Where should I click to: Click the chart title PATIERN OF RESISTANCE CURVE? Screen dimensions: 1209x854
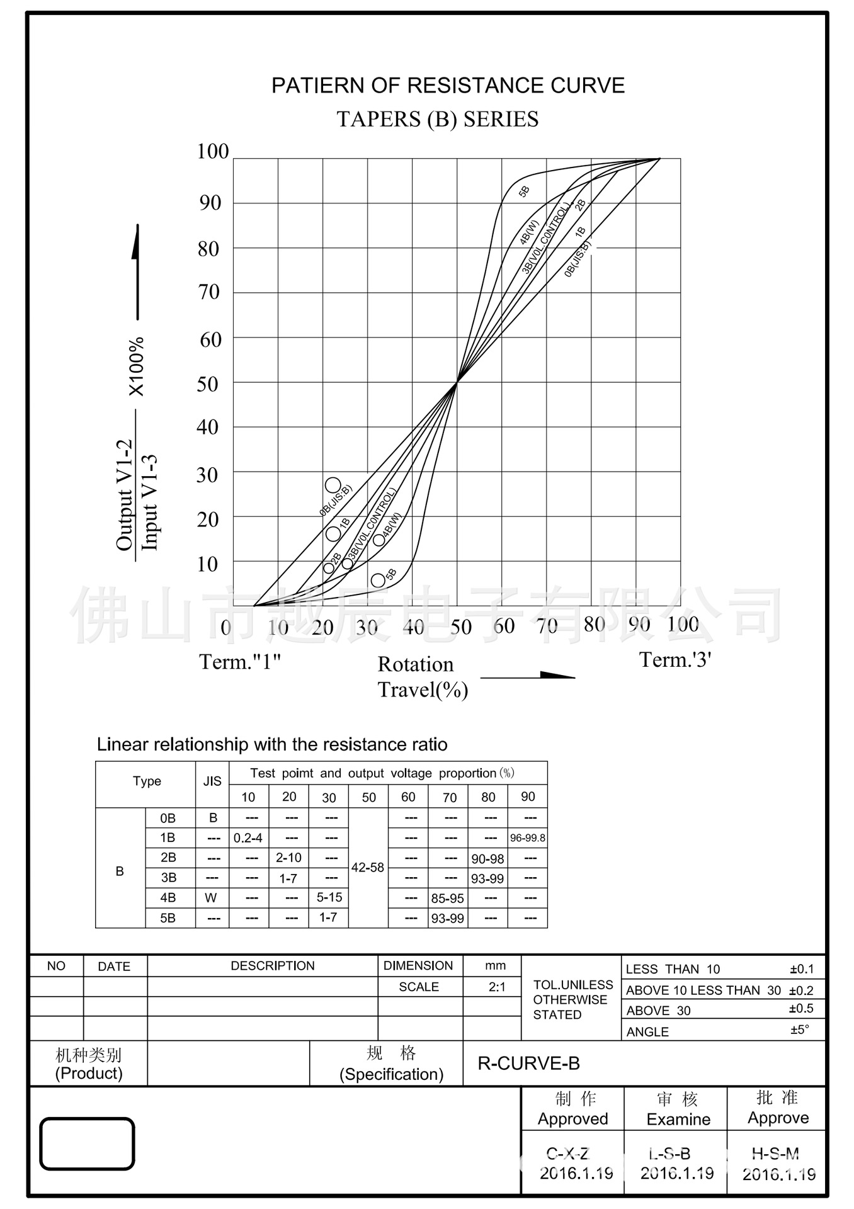[448, 86]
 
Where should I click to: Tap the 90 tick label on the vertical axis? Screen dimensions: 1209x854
[210, 203]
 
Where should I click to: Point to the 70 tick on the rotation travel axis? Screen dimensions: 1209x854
[547, 626]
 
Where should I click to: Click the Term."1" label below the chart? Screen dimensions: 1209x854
[240, 662]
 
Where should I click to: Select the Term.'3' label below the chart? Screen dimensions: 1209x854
[675, 660]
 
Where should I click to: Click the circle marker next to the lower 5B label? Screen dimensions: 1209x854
[378, 580]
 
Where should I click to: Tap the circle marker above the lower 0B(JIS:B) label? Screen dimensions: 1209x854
[333, 485]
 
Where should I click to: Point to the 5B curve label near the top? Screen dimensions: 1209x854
[524, 191]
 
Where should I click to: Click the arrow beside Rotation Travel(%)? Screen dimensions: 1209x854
[528, 676]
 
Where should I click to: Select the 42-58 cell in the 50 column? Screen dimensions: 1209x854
[368, 867]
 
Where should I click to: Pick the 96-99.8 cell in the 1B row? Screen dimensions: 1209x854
[528, 838]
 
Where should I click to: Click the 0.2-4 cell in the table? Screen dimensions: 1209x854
[248, 838]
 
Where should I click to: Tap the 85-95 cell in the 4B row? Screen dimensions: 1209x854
[447, 898]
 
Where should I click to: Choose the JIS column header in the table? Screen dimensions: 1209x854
[212, 781]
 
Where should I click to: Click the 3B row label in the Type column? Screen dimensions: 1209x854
[168, 878]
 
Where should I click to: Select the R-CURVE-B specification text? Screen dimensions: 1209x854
[528, 1064]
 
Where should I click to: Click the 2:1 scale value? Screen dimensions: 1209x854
[497, 987]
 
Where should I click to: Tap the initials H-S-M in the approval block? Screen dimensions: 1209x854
[775, 1154]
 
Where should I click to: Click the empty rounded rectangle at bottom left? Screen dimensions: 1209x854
[87, 1144]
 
